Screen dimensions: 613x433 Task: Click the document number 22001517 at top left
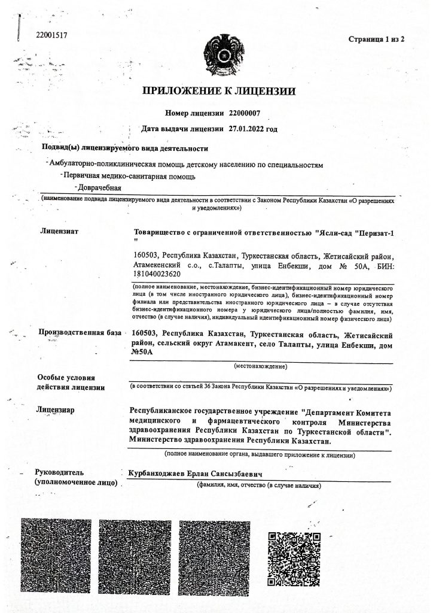(51, 35)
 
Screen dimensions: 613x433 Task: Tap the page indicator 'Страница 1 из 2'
(377, 40)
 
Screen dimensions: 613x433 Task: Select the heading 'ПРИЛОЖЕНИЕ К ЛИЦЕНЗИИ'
(219, 92)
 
